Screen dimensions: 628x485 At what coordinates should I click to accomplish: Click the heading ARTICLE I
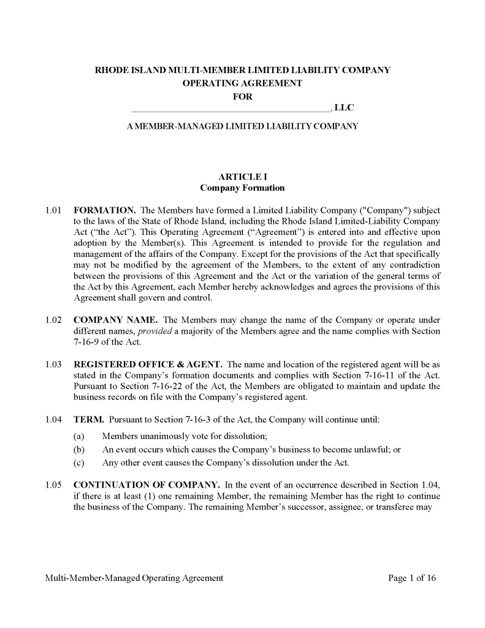[242, 177]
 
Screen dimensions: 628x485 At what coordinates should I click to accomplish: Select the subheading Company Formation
[242, 188]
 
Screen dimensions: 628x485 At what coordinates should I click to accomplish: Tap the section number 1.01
[53, 210]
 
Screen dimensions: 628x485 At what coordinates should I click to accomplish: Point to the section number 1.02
[53, 320]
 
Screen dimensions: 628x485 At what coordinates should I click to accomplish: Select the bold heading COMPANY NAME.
[116, 320]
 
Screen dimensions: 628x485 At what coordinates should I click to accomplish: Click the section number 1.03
[53, 364]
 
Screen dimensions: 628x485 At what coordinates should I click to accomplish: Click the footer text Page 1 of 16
[412, 578]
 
